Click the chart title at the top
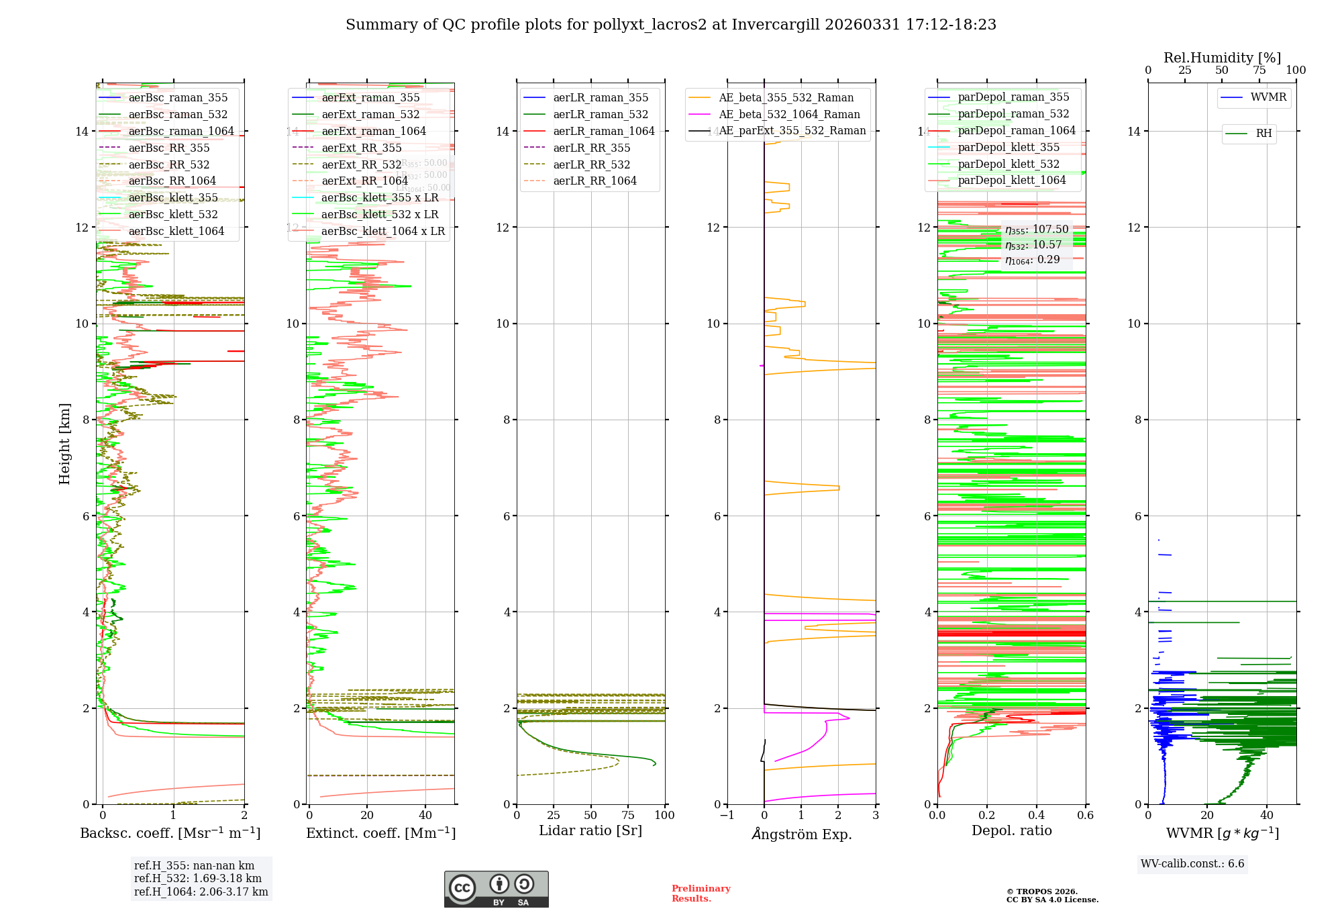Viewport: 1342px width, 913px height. tap(671, 25)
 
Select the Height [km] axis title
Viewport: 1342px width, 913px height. tap(64, 444)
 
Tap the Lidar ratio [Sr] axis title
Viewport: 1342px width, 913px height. tap(590, 831)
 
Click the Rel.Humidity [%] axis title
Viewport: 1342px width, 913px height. tap(1222, 58)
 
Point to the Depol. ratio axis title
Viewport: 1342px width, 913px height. tap(1011, 831)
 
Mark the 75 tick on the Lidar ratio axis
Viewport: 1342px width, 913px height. tap(628, 816)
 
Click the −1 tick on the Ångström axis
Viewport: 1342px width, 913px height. tap(727, 816)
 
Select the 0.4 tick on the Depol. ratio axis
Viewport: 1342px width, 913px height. tap(1036, 816)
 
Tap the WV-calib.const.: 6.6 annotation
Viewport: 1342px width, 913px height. tap(1192, 864)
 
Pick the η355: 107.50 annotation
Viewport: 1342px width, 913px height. tap(1037, 230)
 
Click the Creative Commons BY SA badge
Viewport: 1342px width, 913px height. tap(496, 889)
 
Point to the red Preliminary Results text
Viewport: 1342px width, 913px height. tap(701, 894)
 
